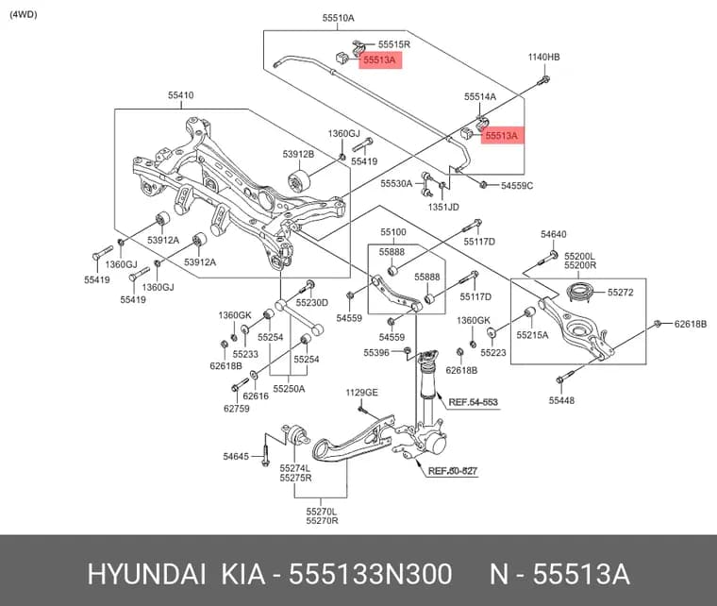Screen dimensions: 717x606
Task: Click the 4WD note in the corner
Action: click(24, 15)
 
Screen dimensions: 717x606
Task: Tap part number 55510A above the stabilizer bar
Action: click(338, 18)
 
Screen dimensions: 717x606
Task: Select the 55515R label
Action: click(393, 44)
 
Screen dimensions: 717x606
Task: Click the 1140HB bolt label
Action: click(543, 58)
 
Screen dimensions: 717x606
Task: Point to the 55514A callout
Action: click(479, 96)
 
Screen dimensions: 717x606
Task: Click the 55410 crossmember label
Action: click(180, 95)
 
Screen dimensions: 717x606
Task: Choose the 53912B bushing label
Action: click(298, 154)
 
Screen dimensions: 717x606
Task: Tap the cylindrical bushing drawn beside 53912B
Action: click(299, 181)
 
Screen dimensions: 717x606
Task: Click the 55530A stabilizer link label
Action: click(396, 183)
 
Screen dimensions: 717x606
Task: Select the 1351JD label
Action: click(443, 207)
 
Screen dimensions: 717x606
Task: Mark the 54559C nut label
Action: click(517, 186)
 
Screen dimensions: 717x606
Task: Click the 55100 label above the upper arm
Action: click(393, 232)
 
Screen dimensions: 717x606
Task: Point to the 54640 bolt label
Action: click(553, 234)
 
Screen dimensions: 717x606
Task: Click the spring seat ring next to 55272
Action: click(580, 292)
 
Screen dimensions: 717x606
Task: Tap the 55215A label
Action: click(532, 335)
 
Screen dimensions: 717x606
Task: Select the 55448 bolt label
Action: click(561, 400)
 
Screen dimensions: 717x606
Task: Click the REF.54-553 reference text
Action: click(473, 402)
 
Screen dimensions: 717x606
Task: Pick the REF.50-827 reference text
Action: click(453, 471)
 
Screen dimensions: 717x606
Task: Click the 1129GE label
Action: click(361, 393)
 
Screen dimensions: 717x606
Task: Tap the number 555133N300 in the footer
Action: click(371, 574)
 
